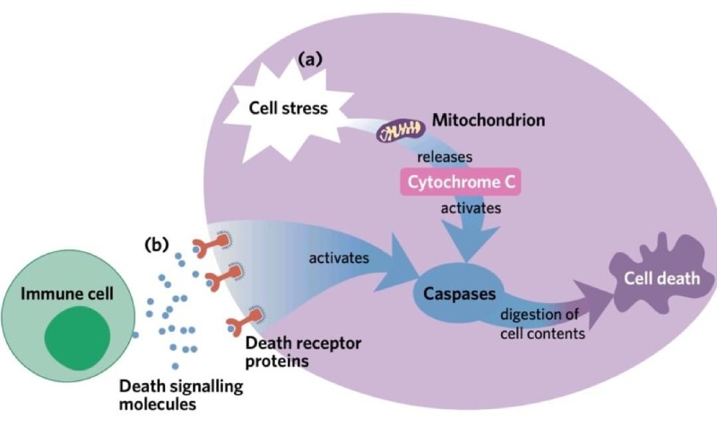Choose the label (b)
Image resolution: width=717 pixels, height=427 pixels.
[x=158, y=243]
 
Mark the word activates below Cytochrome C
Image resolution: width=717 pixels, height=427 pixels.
[x=470, y=208]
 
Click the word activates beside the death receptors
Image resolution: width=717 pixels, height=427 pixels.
[x=339, y=257]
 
